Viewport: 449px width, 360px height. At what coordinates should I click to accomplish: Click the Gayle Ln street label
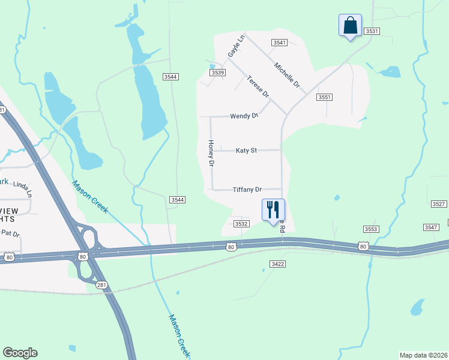click(237, 47)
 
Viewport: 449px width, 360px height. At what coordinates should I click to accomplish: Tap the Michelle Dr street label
click(287, 76)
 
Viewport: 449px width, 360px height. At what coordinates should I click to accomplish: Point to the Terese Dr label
click(258, 87)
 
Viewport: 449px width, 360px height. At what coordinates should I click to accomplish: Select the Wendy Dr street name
click(244, 116)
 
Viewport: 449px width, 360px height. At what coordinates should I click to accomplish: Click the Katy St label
click(246, 150)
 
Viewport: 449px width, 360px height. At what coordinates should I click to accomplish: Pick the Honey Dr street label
click(211, 153)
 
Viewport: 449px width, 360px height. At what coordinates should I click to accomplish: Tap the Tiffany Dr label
click(247, 190)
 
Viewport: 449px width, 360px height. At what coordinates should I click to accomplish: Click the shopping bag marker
click(350, 26)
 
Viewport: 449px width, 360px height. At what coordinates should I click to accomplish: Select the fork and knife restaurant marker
click(273, 210)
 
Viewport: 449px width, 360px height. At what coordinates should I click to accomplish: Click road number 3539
click(217, 73)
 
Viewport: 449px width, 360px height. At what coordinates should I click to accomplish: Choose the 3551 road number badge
click(325, 97)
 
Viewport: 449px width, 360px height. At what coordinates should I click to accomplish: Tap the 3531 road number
click(372, 31)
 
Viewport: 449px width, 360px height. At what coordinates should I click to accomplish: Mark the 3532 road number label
click(241, 224)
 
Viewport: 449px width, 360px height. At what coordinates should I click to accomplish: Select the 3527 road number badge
click(438, 205)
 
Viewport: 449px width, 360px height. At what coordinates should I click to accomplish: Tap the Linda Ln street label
click(21, 185)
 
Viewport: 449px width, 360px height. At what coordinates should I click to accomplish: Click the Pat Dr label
click(11, 233)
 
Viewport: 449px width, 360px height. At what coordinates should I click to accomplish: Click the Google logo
click(20, 353)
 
